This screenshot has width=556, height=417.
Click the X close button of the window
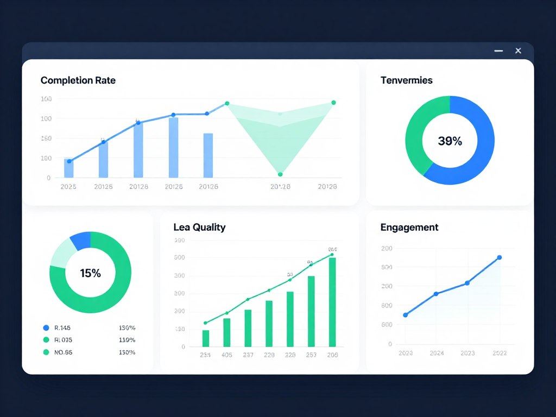coord(518,50)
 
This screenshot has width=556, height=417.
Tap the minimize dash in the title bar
coord(498,50)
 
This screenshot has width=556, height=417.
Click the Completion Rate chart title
coord(78,80)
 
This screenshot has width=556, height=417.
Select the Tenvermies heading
coord(406,80)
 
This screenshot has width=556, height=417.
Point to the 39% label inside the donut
coord(450,141)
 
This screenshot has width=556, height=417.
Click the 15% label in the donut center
coord(90,273)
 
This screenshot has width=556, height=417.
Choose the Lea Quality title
coord(199,228)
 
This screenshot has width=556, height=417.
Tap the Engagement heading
coord(409,228)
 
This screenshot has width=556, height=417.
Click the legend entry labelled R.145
coord(62,328)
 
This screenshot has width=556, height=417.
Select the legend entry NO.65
coord(63,352)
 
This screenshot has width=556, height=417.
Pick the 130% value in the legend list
coord(127,340)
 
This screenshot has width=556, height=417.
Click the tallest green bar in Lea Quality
coord(332,302)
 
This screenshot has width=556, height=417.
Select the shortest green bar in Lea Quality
coord(206,338)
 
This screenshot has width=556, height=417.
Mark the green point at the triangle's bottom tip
coord(280,174)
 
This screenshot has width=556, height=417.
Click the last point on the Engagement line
coord(500,257)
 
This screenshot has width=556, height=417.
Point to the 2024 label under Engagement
coord(437,353)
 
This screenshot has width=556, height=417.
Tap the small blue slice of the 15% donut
coord(80,241)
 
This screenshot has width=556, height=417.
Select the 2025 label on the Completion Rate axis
coord(68,187)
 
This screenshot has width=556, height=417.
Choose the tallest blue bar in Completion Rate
coord(173,147)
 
